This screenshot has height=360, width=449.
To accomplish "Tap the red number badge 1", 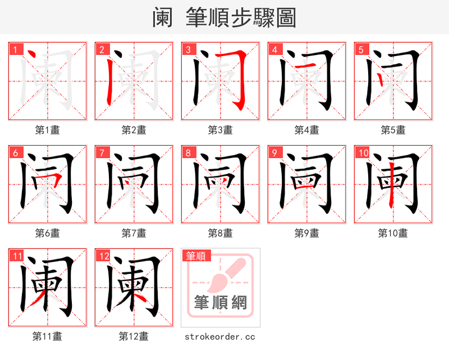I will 16,50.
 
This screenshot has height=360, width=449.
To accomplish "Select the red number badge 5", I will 361,50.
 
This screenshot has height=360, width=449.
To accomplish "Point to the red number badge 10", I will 363,153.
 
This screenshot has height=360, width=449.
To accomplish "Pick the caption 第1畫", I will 47,130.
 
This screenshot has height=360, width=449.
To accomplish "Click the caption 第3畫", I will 220,130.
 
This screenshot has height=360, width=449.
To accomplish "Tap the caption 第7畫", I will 134,233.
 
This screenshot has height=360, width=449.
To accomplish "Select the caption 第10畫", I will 393,233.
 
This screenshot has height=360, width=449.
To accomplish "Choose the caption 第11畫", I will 47,336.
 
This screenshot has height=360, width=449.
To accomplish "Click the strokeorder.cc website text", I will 220,336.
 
